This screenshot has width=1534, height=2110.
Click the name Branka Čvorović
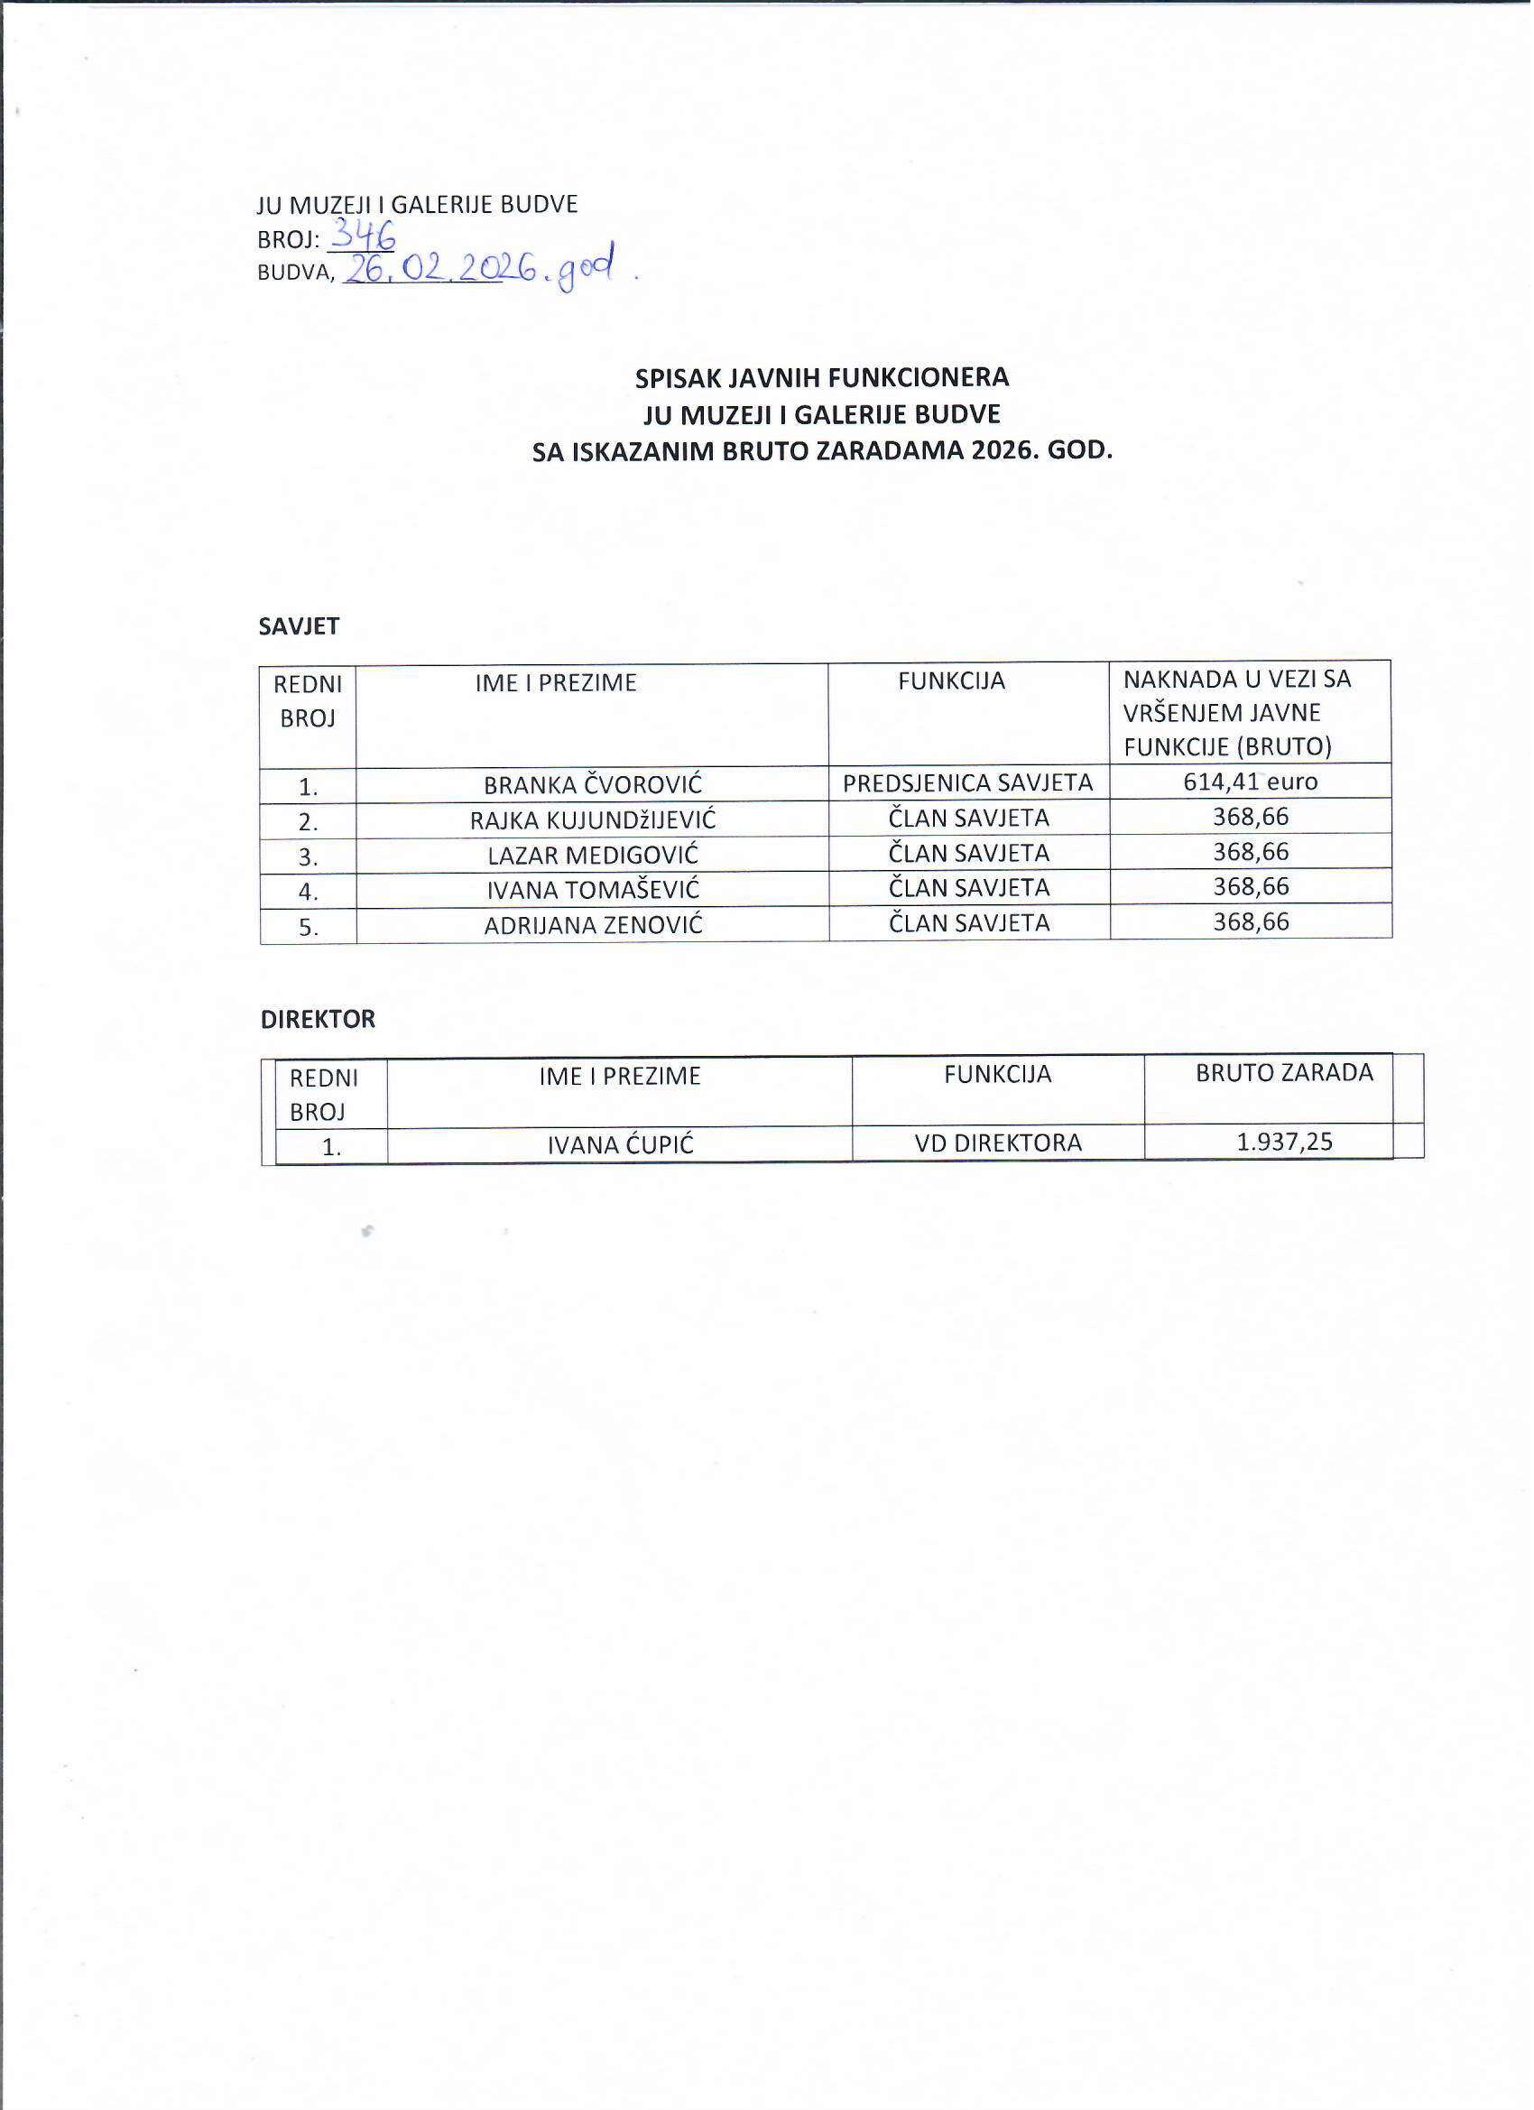(594, 785)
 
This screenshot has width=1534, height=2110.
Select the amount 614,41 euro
(1253, 782)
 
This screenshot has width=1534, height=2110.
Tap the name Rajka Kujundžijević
(594, 820)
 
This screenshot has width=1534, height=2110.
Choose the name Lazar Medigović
(594, 856)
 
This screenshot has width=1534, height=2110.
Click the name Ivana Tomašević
(594, 892)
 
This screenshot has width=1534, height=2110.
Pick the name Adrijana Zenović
(594, 927)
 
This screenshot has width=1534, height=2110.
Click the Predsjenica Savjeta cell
(969, 783)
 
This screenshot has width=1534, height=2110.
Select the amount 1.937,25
(1287, 1143)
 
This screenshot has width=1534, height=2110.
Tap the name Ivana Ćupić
(622, 1145)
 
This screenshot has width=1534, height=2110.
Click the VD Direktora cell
(1000, 1143)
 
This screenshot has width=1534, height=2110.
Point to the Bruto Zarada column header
(1287, 1074)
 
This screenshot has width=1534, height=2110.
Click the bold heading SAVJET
(300, 627)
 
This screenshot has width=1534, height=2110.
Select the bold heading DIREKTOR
(319, 1021)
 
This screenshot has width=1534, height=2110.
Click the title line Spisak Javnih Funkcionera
(823, 378)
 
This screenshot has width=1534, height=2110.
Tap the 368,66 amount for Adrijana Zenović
(1253, 923)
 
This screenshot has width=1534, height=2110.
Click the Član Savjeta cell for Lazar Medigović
(970, 853)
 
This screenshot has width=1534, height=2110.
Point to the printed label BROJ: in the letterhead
(289, 240)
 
